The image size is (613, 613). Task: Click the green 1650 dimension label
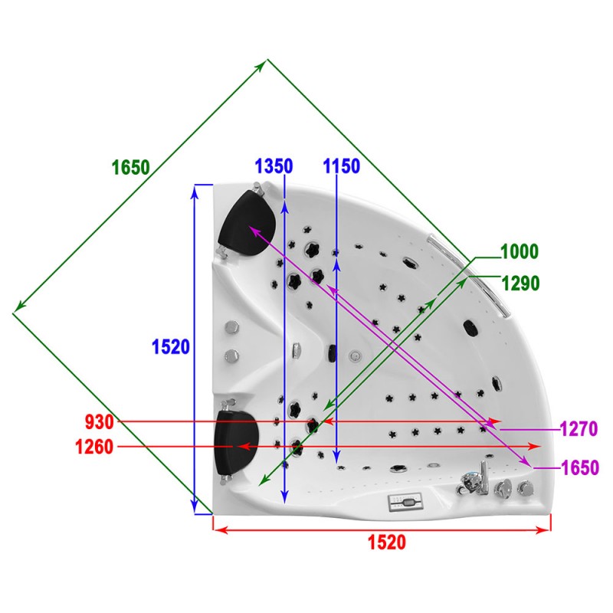(130, 168)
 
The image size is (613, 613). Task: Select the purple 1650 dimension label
(580, 467)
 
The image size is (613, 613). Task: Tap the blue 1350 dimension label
(274, 166)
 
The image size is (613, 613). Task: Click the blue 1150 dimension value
(341, 166)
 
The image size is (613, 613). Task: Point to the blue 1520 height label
(170, 347)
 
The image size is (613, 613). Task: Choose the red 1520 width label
(387, 543)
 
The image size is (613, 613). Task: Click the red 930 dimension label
(100, 422)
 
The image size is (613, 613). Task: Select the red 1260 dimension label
(94, 447)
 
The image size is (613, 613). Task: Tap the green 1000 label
(520, 251)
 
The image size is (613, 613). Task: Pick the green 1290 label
(520, 284)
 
